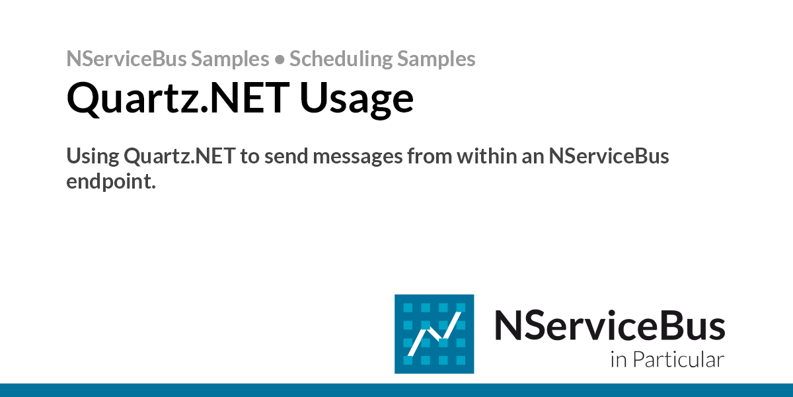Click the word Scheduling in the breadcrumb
[341, 60]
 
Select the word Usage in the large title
[357, 99]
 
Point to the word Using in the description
[92, 157]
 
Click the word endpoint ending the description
[110, 182]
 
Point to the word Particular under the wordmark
[678, 361]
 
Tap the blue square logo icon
[434, 333]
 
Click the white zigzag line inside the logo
[434, 334]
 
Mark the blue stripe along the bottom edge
[397, 390]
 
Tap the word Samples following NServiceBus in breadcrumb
[230, 60]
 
